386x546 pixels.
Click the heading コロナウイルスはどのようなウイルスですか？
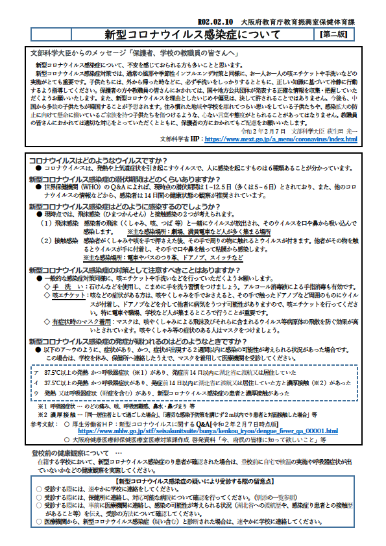pyautogui.click(x=99, y=160)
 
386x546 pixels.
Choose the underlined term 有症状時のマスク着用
pyautogui.click(x=85, y=322)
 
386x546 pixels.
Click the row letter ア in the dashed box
pyautogui.click(x=36, y=374)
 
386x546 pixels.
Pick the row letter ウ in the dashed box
pyautogui.click(x=36, y=393)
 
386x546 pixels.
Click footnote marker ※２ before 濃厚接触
pyautogui.click(x=43, y=413)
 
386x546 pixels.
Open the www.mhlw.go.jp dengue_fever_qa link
pyautogui.click(x=208, y=430)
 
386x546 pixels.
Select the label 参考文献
pyautogui.click(x=43, y=423)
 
